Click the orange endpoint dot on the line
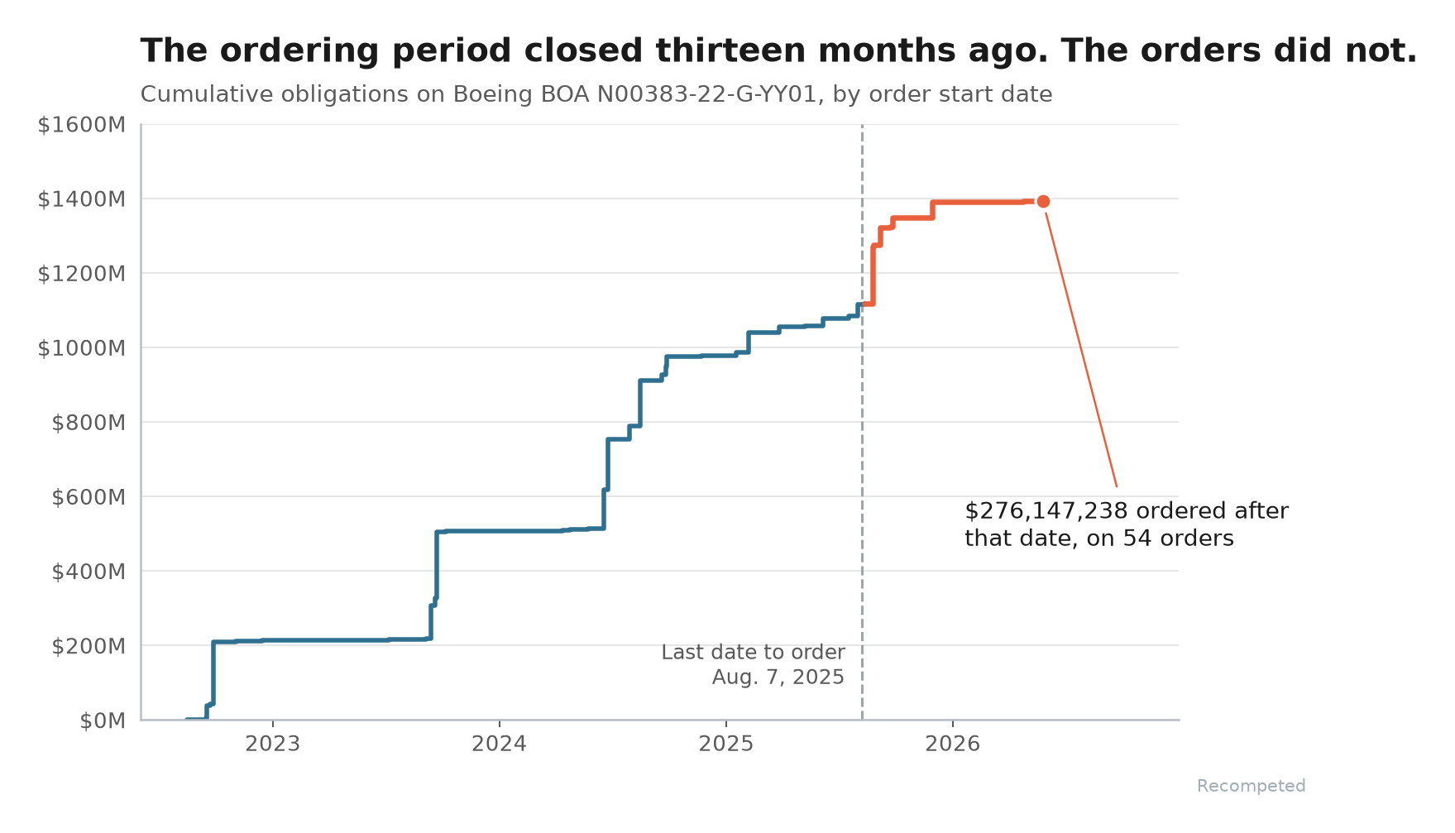[1043, 201]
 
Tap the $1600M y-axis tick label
[82, 125]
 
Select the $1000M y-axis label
[82, 348]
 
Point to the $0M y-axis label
[103, 721]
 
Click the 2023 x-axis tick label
[273, 744]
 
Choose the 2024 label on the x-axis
[500, 744]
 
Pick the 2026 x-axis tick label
[953, 744]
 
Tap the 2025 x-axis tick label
[726, 744]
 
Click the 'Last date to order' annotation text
[753, 652]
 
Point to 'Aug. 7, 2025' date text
[778, 677]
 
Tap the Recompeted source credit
[1251, 786]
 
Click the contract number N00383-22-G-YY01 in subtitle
[711, 94]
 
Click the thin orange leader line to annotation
[1081, 350]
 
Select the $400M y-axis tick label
[89, 572]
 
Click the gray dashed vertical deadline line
[862, 422]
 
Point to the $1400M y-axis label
[82, 199]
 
